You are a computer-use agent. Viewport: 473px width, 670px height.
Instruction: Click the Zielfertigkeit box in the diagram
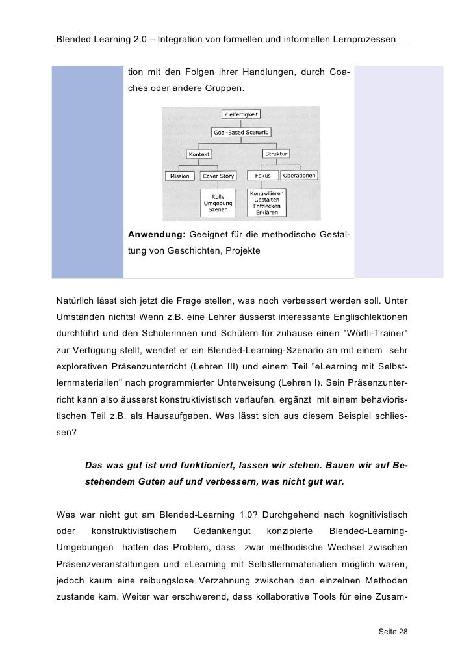pos(241,114)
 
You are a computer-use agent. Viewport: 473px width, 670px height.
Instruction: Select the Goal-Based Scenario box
pos(241,132)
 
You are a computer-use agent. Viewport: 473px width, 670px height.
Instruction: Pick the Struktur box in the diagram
pos(276,154)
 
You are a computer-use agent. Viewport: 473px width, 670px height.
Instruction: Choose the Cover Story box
pos(218,176)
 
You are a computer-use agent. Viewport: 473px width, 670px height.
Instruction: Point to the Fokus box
pos(262,176)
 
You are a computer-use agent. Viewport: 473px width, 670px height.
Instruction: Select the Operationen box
pos(298,176)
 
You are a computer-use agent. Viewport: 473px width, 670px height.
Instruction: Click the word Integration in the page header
pos(198,40)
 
